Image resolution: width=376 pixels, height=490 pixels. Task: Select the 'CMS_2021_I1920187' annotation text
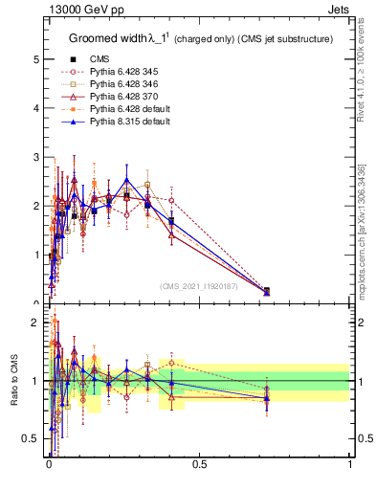pos(199,286)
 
